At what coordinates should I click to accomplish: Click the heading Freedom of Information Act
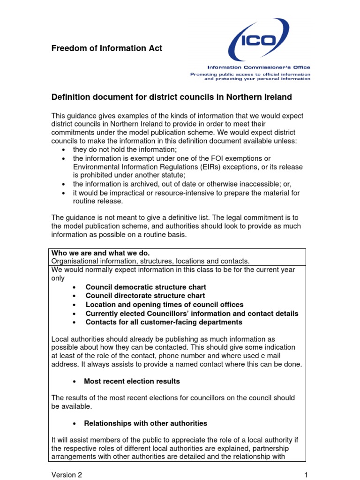[106, 48]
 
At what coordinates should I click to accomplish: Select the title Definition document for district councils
[171, 97]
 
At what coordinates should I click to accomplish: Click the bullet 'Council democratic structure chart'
[146, 287]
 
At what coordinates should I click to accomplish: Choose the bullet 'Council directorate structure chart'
[145, 296]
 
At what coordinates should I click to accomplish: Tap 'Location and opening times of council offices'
[165, 305]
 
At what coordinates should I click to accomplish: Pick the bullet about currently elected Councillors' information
[192, 314]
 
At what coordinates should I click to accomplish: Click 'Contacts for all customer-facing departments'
[164, 322]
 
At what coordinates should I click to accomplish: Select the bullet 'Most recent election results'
[132, 381]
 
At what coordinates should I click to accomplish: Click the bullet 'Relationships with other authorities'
[145, 423]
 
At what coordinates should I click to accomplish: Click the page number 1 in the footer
[305, 475]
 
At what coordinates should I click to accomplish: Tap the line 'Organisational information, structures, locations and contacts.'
[150, 261]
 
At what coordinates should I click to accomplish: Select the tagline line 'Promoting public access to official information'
[250, 74]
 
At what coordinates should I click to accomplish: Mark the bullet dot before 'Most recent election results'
[75, 382]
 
